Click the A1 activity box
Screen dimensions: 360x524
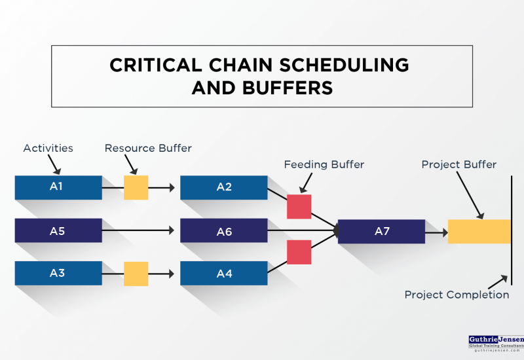[58, 187]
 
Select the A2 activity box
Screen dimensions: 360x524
[224, 187]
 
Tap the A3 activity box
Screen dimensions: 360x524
[58, 273]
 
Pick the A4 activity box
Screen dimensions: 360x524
[224, 273]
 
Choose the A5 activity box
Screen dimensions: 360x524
[58, 230]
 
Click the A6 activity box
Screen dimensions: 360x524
[224, 230]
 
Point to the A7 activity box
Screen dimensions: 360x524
[381, 231]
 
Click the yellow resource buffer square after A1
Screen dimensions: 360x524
[136, 187]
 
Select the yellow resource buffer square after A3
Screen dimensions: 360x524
[136, 274]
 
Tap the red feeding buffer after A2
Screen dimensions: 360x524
[299, 206]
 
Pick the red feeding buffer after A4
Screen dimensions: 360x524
[299, 252]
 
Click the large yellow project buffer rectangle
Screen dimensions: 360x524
[479, 231]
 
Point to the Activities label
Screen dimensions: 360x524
[48, 148]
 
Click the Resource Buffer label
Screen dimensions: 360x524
[148, 148]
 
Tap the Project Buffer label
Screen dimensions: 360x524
[458, 164]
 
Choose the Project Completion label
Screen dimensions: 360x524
[457, 295]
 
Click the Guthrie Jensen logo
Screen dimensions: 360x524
[496, 342]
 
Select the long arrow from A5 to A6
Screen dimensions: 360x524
[138, 230]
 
